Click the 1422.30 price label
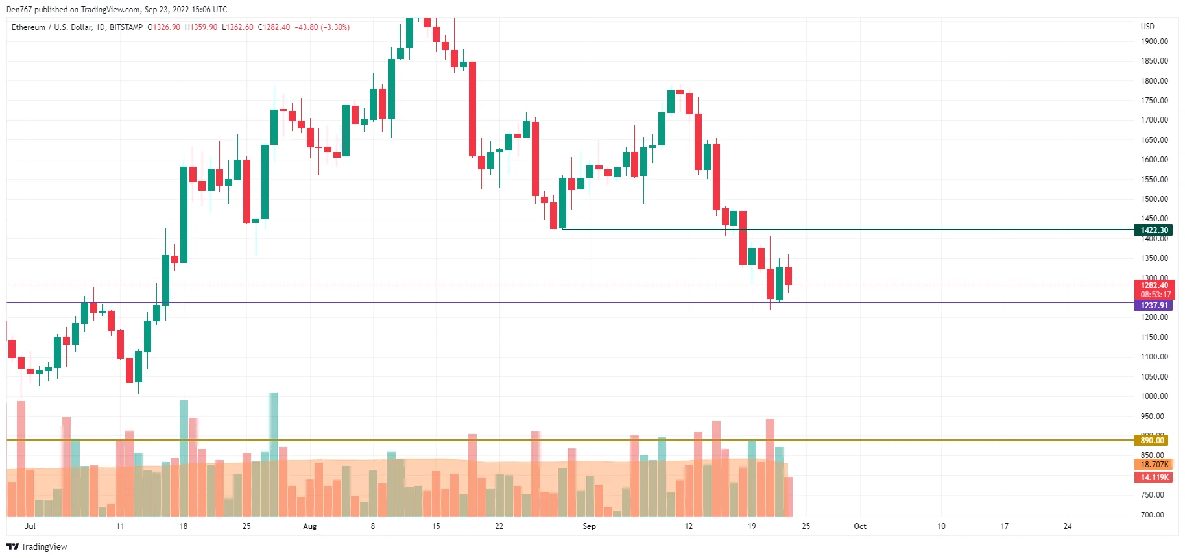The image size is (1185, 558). (x=1154, y=230)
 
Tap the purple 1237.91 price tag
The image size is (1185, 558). (x=1154, y=306)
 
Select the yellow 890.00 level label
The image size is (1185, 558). (x=1152, y=441)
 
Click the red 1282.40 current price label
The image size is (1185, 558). (x=1154, y=285)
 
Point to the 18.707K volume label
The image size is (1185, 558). (x=1154, y=465)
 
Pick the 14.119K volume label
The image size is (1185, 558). (x=1154, y=478)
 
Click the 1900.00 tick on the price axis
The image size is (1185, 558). (x=1154, y=42)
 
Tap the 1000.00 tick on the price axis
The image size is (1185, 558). (x=1154, y=396)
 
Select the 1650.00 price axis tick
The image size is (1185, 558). (x=1154, y=140)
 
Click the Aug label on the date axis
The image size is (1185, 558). (x=310, y=526)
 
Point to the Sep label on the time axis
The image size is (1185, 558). (x=589, y=526)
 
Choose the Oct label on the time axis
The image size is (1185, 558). (x=860, y=526)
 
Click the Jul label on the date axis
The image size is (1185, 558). (x=30, y=526)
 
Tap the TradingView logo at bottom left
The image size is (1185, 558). (x=37, y=547)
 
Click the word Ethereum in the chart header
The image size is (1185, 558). (x=29, y=27)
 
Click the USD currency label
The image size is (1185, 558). (x=1147, y=27)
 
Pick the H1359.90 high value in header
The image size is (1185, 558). (x=201, y=27)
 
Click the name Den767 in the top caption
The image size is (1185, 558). (x=19, y=10)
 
